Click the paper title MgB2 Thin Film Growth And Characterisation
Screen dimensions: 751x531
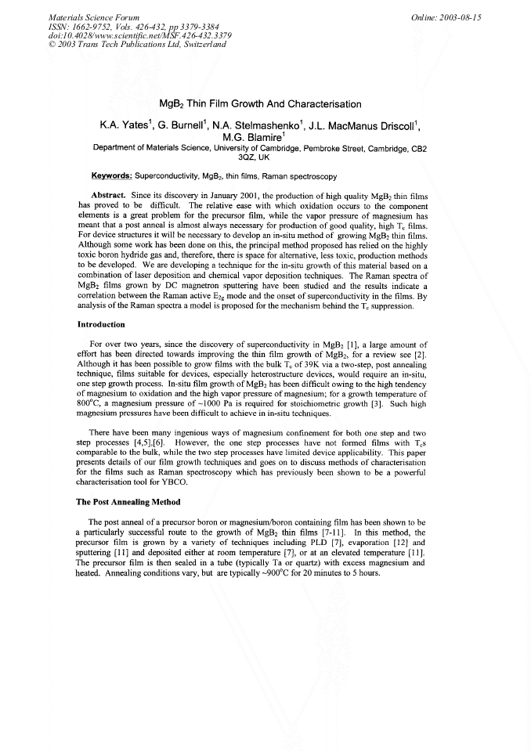pos(260,103)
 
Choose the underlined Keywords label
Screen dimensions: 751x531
pos(112,176)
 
